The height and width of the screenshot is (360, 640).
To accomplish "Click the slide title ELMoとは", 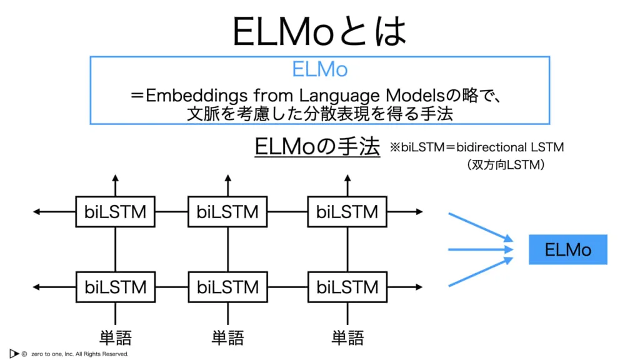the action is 319,31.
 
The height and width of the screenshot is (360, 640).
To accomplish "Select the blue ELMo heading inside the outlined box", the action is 319,69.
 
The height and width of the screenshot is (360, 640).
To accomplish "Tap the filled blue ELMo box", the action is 567,249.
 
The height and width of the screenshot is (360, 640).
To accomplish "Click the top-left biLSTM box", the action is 115,212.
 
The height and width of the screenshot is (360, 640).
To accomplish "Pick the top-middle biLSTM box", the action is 227,212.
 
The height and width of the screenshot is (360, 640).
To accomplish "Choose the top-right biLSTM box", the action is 347,212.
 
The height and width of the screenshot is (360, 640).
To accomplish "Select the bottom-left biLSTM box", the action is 116,287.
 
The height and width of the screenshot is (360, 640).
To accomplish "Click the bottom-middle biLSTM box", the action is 227,287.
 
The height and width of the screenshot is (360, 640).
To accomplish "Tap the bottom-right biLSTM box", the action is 347,287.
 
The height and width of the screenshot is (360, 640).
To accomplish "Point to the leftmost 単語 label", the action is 116,338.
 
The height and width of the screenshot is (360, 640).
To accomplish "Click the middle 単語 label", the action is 227,338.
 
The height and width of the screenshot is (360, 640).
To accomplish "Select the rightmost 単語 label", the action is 347,338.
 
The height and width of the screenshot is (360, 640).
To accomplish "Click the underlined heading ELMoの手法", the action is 317,146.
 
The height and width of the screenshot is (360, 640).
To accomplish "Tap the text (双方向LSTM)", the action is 506,164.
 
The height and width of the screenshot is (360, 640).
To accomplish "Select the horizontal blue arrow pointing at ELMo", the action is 481,249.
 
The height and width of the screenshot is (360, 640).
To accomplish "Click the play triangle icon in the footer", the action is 14,354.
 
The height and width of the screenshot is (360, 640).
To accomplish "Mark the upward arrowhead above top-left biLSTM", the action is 116,178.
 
